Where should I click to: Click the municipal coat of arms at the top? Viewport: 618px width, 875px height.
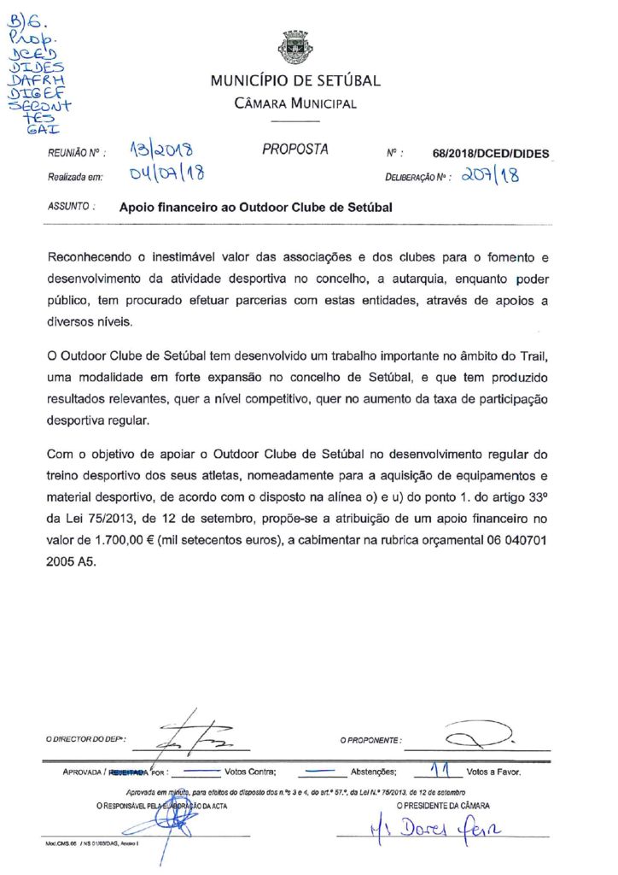294,48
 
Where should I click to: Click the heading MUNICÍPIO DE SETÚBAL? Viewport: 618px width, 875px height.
295,81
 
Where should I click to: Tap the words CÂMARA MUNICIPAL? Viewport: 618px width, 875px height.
295,103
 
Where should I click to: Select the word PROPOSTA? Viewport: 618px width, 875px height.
294,150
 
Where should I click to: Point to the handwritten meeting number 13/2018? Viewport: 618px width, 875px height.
160,152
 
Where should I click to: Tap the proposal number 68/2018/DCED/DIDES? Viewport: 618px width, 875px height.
491,155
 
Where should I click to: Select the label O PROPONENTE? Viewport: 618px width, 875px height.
370,739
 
